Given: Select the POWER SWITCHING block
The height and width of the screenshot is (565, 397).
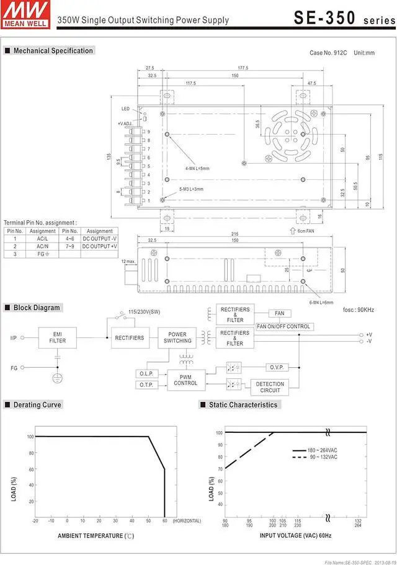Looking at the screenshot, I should (177, 337).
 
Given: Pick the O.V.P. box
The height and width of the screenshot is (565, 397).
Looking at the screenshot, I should (277, 368).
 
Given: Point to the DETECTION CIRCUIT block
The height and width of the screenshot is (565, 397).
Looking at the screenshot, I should (269, 388).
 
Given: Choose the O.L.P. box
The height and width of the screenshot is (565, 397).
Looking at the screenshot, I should (146, 373).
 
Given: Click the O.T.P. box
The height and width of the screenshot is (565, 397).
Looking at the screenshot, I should (146, 385).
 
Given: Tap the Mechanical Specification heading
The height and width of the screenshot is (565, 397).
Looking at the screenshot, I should (53, 51).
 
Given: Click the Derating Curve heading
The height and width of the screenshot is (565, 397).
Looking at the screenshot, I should (37, 405).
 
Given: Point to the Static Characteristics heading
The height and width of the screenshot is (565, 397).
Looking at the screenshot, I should (243, 405).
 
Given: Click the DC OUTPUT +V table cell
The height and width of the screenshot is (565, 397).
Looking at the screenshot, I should (100, 246).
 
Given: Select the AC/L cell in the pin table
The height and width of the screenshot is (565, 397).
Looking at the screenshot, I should (43, 239).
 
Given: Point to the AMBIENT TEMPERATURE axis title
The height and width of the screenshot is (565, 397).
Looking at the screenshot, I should (96, 535).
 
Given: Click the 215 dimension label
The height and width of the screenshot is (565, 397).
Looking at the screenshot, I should (234, 233).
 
